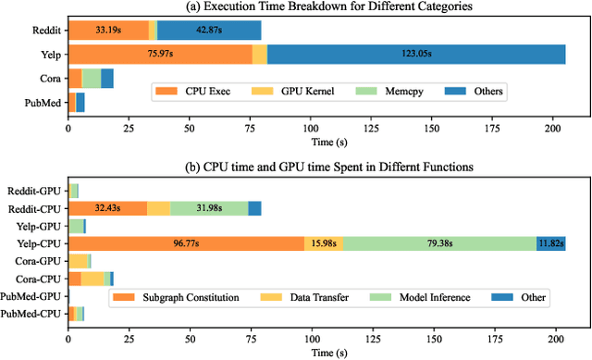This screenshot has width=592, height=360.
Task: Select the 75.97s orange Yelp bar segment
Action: coord(161,56)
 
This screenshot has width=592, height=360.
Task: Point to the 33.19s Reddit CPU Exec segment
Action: coord(108,31)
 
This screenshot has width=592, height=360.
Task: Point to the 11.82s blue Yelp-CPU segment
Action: coord(550,243)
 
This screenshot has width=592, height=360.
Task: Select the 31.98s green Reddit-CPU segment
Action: coord(208,208)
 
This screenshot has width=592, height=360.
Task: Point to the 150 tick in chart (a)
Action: coord(432,127)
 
